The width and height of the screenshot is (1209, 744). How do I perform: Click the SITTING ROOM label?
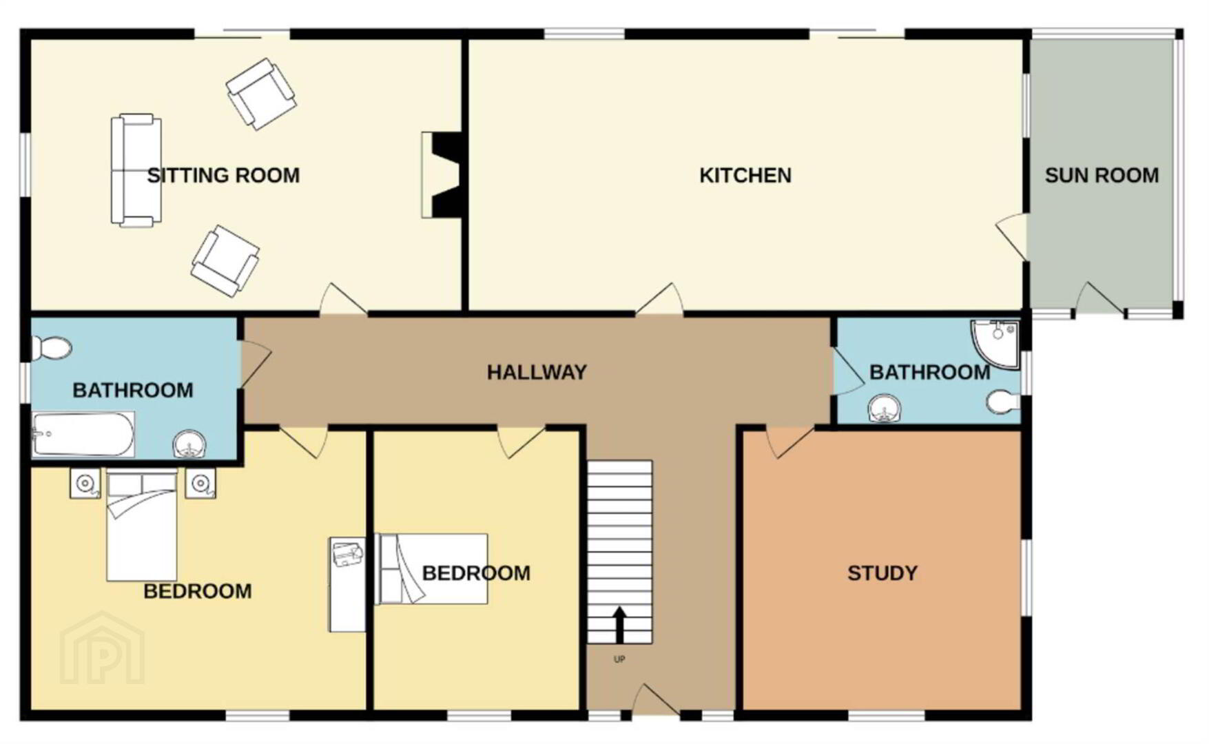[223, 176]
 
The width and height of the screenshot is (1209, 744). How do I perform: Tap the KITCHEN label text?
[745, 176]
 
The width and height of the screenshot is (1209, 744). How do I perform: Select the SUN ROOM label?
[1102, 176]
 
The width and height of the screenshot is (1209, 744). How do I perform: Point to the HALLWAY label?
[537, 373]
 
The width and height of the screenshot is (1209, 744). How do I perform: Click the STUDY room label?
[882, 573]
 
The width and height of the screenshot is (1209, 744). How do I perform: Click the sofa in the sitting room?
[136, 170]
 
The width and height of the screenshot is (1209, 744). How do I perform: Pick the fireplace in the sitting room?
[442, 176]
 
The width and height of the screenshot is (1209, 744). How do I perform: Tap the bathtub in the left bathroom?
[83, 434]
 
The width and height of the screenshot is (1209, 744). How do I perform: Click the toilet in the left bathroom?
[52, 348]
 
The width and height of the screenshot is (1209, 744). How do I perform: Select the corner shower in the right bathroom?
[995, 342]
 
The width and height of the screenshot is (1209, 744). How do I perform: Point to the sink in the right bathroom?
[884, 409]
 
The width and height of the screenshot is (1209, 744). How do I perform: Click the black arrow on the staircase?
[619, 624]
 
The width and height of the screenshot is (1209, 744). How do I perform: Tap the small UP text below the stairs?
[619, 659]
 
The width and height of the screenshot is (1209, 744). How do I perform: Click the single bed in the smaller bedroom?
[432, 569]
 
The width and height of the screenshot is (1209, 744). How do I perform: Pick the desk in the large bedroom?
[347, 585]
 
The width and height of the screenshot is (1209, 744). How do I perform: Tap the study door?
[789, 441]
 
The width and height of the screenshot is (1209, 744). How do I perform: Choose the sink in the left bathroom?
[189, 444]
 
